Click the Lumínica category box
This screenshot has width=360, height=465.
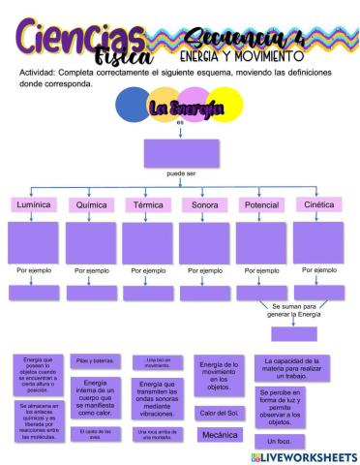(33, 205)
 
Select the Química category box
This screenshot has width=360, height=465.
(91, 205)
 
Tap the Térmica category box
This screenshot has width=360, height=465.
(147, 205)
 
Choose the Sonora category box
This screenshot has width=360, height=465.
(204, 205)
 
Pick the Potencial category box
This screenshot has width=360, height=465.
(261, 205)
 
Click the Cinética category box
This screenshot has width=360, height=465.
(318, 205)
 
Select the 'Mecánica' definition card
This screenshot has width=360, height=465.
(219, 435)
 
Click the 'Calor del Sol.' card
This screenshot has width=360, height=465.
(219, 413)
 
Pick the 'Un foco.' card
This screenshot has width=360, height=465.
(279, 441)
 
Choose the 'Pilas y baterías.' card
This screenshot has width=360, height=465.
(94, 360)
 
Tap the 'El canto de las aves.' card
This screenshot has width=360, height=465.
(94, 433)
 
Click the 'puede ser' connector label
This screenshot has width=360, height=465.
(181, 173)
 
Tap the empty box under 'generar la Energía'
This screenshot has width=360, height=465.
(294, 333)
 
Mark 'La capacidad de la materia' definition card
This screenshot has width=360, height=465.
(291, 367)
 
